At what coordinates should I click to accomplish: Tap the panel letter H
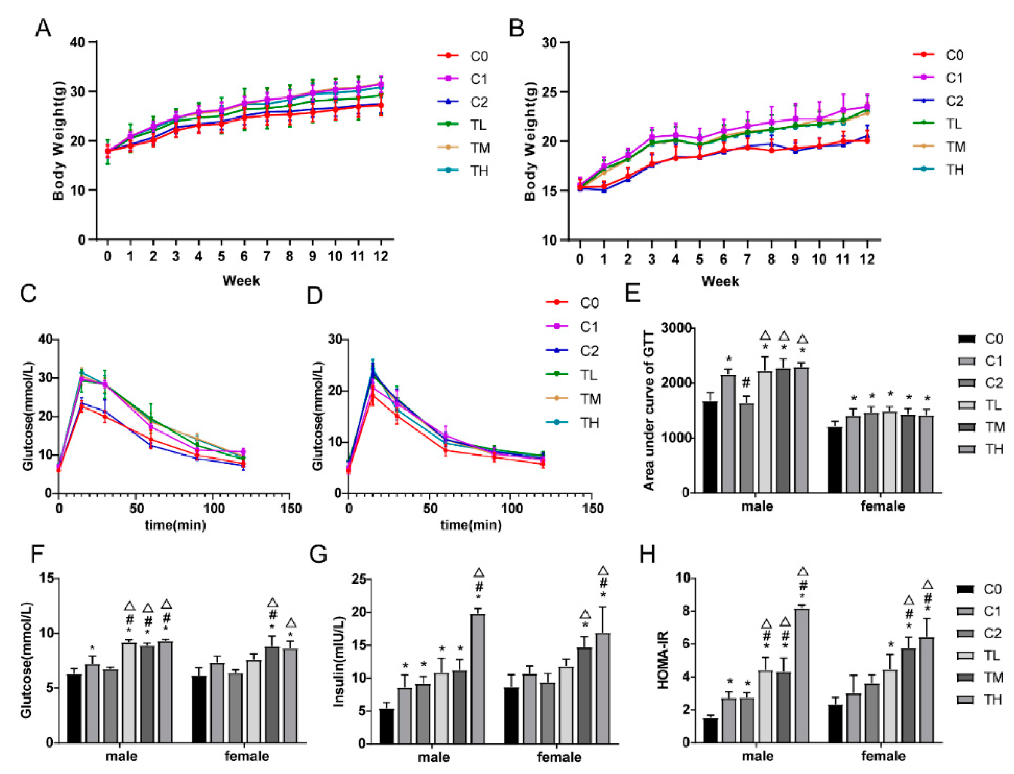[647, 554]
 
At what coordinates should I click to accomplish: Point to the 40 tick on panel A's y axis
[77, 42]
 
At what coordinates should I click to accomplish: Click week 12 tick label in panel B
[867, 260]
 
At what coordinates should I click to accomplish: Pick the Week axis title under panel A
[241, 281]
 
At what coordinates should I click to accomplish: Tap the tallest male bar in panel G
[478, 679]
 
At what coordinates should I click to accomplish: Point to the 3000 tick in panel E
[676, 328]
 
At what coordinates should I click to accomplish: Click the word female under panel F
[247, 756]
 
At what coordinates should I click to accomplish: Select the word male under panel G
[434, 757]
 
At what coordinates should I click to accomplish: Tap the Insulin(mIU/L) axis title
[339, 661]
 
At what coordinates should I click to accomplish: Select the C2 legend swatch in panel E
[966, 383]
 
